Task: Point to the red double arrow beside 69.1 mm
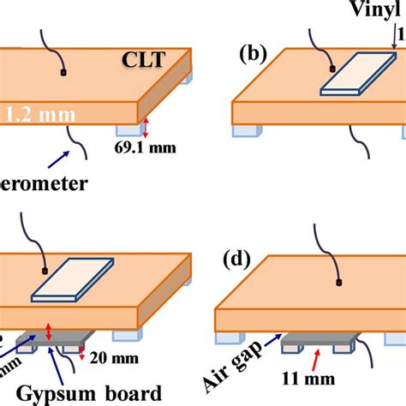click(x=146, y=129)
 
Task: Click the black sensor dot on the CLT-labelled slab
click(x=63, y=73)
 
